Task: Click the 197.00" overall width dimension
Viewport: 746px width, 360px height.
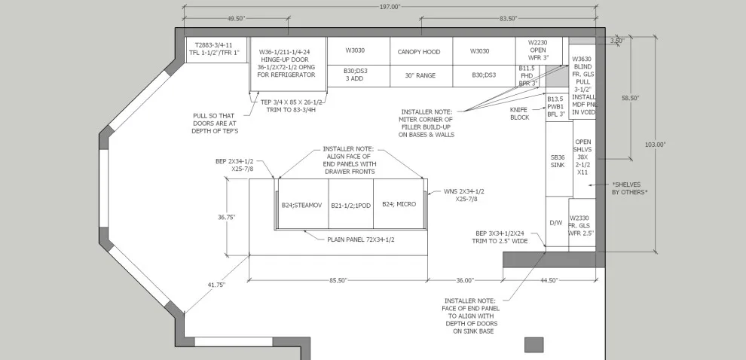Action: click(x=390, y=7)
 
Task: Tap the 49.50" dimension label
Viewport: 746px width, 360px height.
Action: click(x=236, y=19)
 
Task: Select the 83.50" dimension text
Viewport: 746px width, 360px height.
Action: click(x=508, y=19)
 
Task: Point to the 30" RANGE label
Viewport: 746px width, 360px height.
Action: click(x=420, y=75)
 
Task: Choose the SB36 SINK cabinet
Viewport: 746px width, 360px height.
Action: click(x=559, y=159)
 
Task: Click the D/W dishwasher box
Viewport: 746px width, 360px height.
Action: click(x=556, y=222)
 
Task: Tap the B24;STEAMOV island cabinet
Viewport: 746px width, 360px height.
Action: click(x=303, y=204)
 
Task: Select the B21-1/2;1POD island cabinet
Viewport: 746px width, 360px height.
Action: click(x=351, y=204)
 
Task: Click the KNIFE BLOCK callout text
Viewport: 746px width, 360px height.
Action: click(x=519, y=113)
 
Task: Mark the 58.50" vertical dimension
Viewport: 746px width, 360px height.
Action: click(x=631, y=97)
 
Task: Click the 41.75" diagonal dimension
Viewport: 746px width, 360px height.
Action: click(x=216, y=285)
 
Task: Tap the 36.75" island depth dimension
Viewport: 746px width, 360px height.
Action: click(x=227, y=217)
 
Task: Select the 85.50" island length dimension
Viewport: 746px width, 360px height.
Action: click(x=338, y=281)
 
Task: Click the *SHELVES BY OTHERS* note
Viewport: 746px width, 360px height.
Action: click(x=629, y=188)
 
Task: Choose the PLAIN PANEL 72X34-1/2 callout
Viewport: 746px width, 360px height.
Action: click(x=361, y=240)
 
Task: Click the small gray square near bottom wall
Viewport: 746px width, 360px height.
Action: click(x=534, y=345)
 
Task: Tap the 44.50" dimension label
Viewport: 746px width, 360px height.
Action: click(x=549, y=281)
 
